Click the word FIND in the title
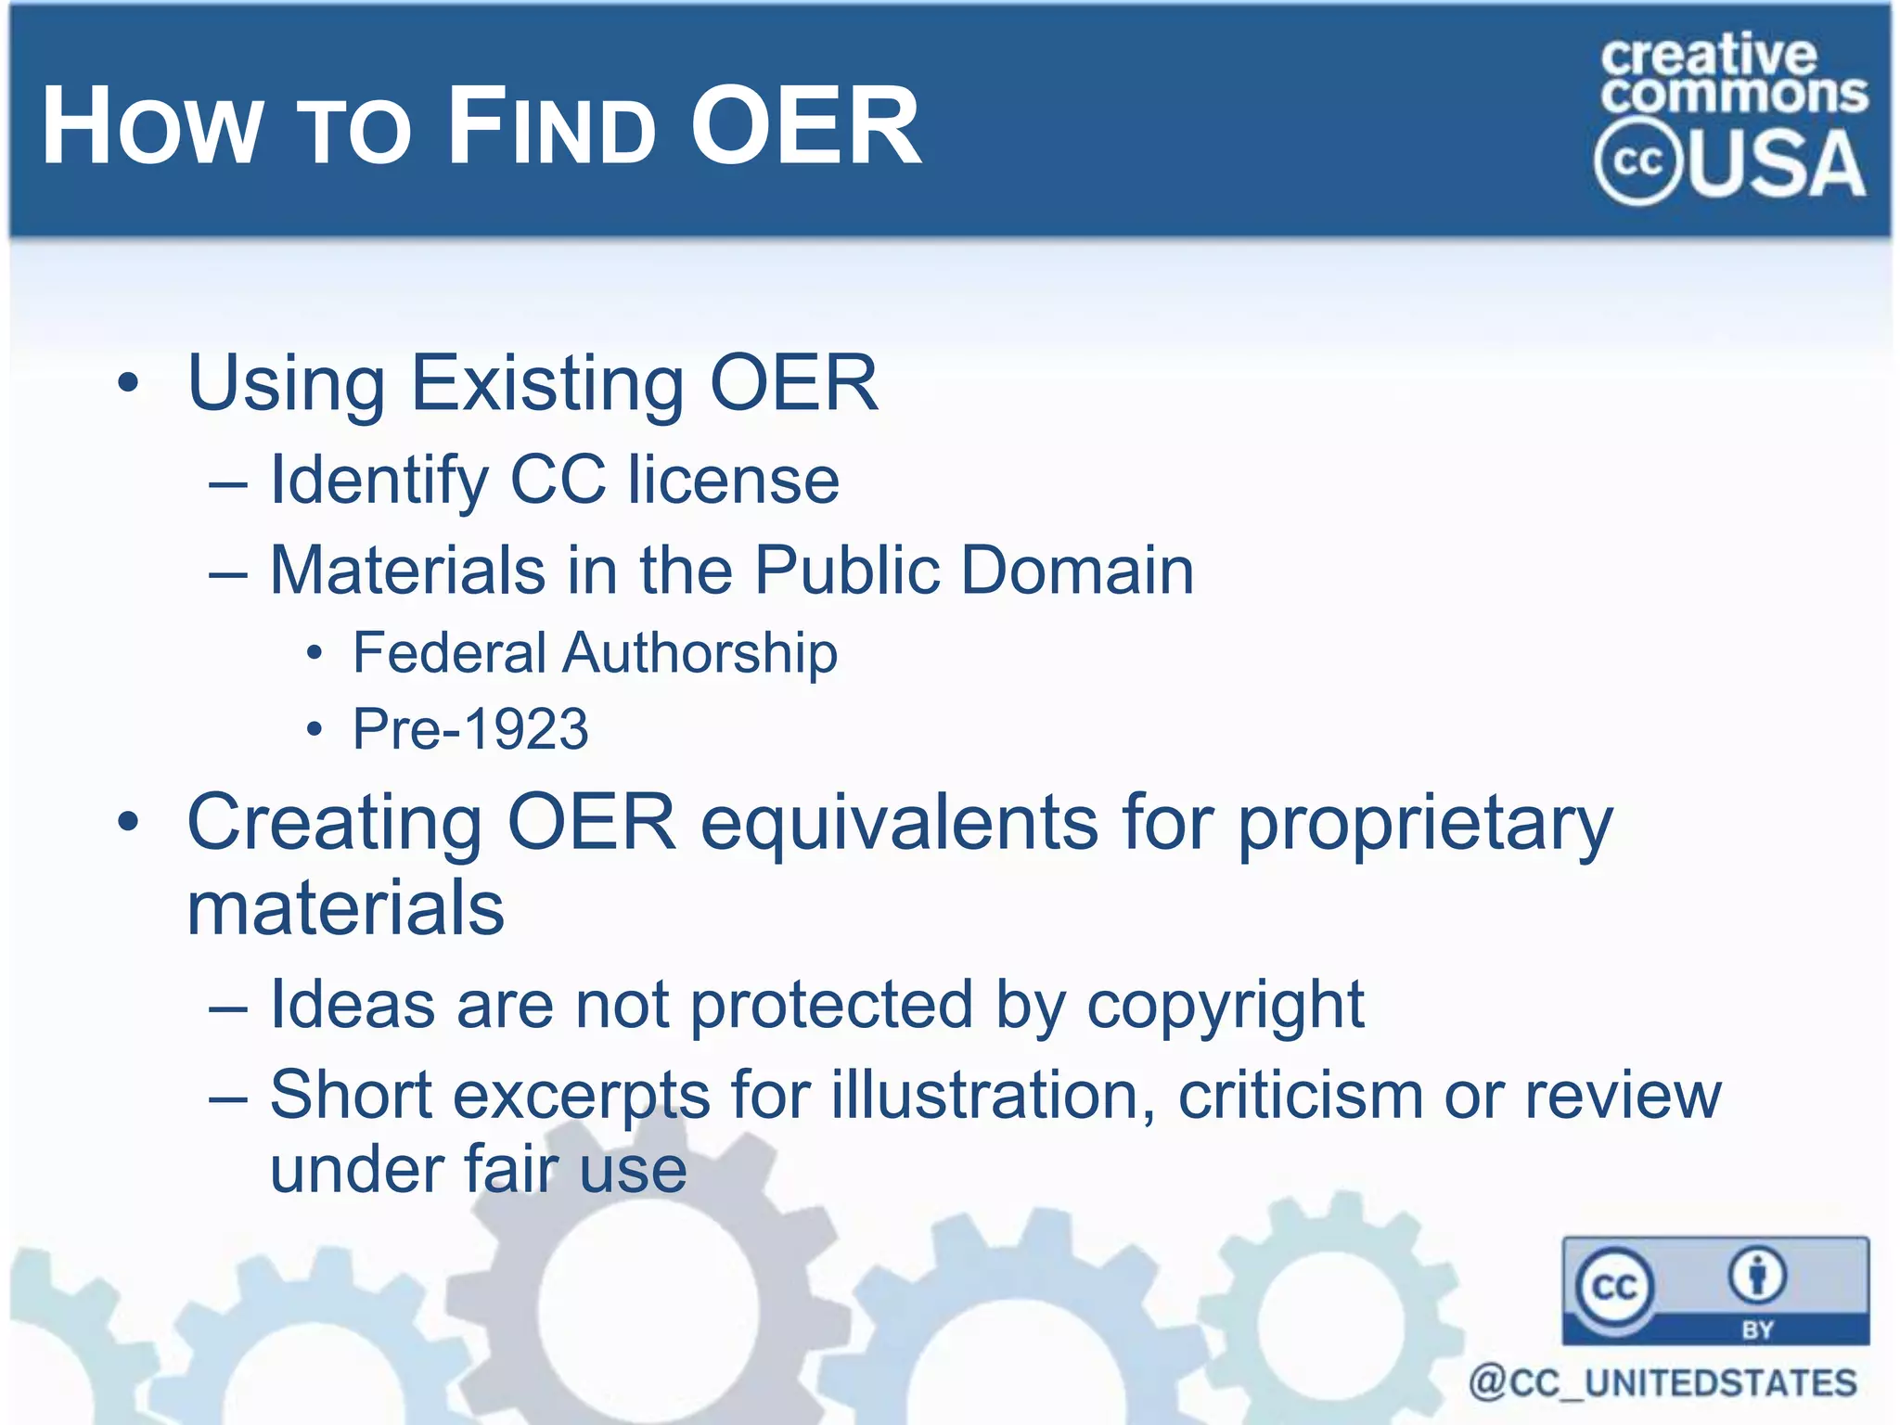point(552,127)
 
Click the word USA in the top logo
point(1779,164)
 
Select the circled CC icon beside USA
point(1637,162)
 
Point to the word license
point(733,480)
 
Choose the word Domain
point(1077,570)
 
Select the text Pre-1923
point(470,729)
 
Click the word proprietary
point(1426,824)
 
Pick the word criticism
point(1301,1096)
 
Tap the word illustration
point(994,1096)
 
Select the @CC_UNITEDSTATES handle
point(1662,1383)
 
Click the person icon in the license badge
point(1757,1277)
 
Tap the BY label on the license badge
point(1757,1329)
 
